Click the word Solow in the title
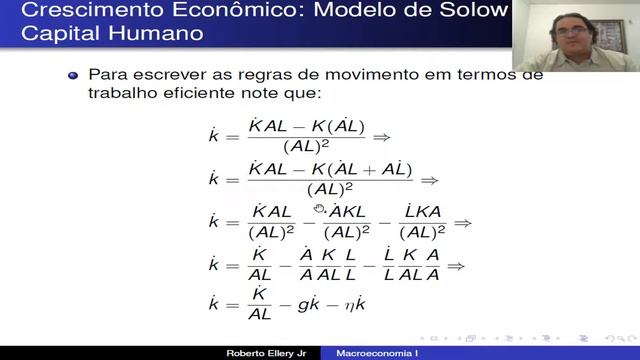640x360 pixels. coord(467,11)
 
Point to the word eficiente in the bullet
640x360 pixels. coord(201,93)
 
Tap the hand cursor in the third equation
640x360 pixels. coord(320,208)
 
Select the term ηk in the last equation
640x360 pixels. coord(384,310)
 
